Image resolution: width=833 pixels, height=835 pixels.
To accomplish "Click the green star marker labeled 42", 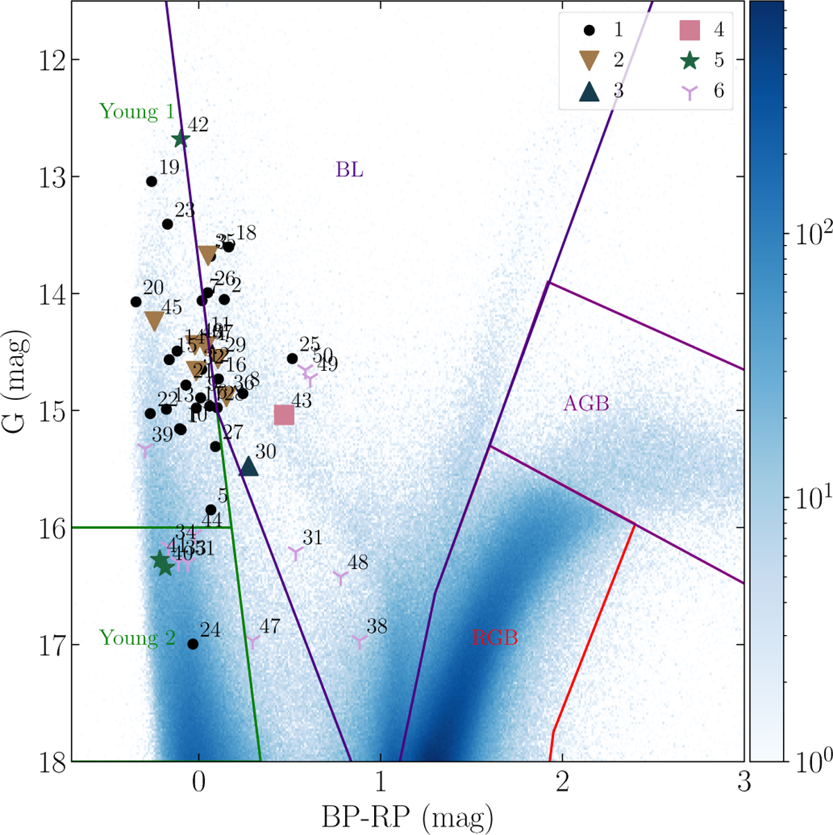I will point(180,139).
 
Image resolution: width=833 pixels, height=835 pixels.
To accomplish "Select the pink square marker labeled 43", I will point(284,415).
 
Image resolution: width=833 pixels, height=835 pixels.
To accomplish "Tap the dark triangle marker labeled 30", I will point(249,467).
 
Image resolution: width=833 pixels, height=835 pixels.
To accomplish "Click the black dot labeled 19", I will point(151,181).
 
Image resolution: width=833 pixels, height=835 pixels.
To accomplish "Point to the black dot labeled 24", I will point(193,644).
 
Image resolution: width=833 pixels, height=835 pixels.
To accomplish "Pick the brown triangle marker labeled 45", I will point(154,321).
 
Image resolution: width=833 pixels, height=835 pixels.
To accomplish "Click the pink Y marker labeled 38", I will point(359,641).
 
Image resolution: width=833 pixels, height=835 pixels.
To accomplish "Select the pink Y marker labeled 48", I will point(340,577).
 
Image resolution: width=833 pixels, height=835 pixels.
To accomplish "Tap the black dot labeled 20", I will point(136,302).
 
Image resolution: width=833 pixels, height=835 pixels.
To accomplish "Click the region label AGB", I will point(586,403).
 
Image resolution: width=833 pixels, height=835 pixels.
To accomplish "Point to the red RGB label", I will point(495,638).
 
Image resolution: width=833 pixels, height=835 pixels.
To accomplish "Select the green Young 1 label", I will point(137,112).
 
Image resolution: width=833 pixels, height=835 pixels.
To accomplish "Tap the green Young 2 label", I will point(137,638).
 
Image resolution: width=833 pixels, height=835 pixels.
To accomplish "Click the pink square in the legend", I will point(689,30).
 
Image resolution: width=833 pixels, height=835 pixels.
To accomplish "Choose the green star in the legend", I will point(689,60).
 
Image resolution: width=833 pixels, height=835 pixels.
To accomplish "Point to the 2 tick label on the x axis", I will point(562,782).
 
